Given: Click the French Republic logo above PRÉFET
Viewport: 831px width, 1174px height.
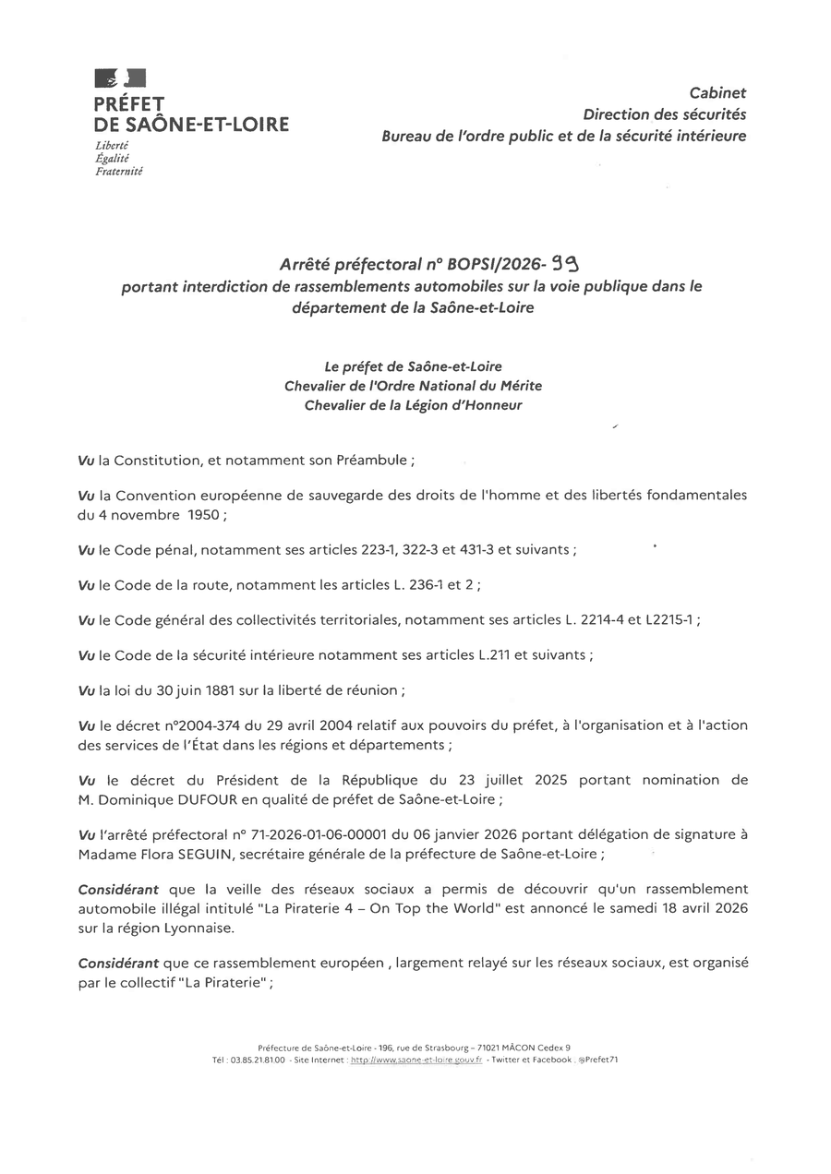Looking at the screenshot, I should tap(120, 78).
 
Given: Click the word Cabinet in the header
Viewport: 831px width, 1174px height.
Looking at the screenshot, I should tap(717, 92).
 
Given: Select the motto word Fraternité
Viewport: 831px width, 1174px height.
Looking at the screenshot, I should tap(119, 171).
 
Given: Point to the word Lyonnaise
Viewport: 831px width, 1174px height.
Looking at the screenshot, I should tap(195, 928).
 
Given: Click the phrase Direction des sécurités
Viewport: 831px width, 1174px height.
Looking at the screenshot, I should tap(664, 114).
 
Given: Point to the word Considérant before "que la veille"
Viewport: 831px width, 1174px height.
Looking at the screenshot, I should tap(118, 889).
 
